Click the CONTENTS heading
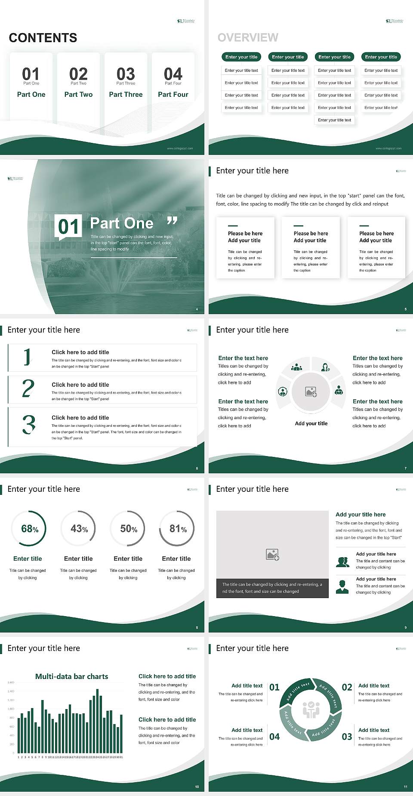click(43, 38)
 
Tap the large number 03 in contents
click(126, 74)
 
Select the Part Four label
click(173, 94)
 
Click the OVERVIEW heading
click(248, 38)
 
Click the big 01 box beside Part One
click(69, 226)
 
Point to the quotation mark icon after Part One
click(172, 221)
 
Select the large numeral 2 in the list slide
click(28, 389)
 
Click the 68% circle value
click(30, 529)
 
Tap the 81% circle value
click(178, 529)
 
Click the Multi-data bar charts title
click(71, 676)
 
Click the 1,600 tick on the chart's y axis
click(11, 682)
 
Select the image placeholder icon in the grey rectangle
click(272, 555)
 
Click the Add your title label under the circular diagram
click(311, 423)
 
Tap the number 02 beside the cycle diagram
click(347, 687)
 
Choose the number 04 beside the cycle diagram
click(274, 737)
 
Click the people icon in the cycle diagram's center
click(311, 710)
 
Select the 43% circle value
click(79, 529)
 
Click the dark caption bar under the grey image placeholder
click(272, 588)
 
